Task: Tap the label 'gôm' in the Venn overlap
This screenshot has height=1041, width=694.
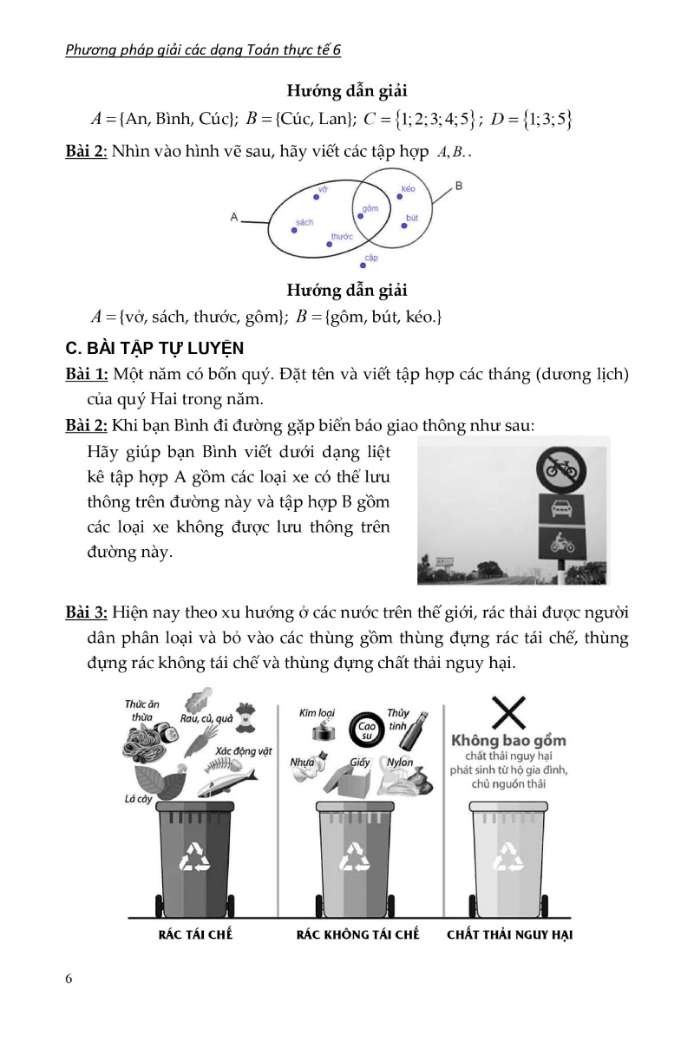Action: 370,209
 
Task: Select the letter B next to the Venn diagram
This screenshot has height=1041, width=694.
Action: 458,186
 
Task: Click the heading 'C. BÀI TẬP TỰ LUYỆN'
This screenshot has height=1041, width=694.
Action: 156,349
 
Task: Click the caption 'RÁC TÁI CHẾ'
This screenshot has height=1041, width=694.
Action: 195,935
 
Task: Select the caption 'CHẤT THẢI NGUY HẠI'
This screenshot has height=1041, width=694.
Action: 509,935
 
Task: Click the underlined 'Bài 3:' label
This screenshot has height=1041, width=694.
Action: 87,612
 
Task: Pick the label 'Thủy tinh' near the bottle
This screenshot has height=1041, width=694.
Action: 398,719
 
